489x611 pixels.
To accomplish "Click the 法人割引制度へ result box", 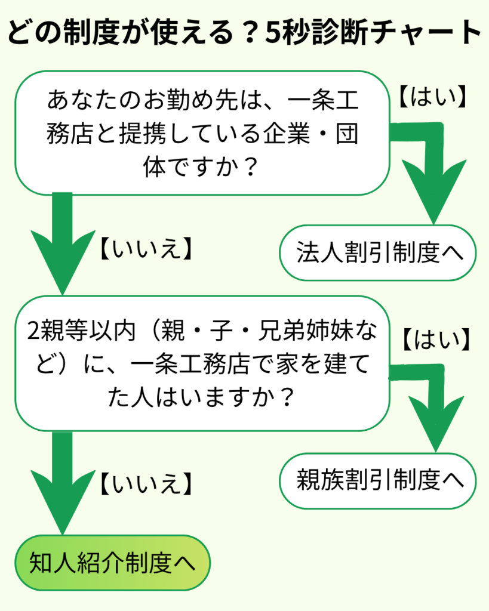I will [379, 253].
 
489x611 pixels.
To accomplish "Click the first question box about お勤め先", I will [202, 132].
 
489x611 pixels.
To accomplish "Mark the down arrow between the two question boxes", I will [62, 245].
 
